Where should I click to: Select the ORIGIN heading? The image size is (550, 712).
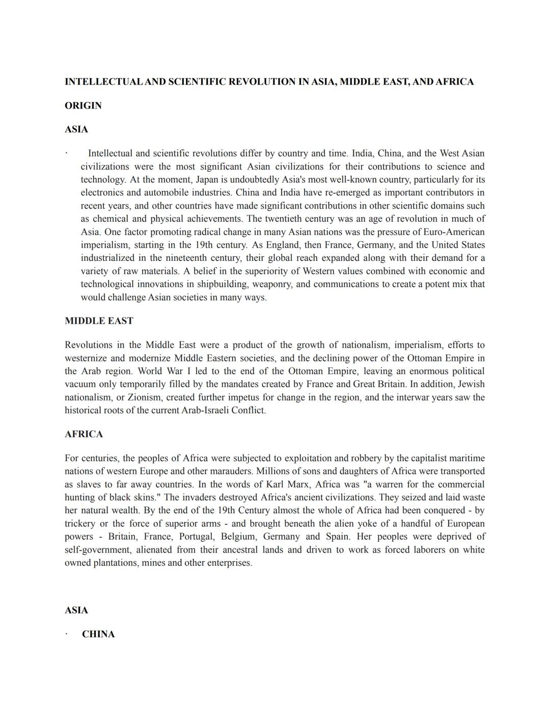point(83,106)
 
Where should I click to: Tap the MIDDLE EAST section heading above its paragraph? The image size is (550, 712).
point(99,321)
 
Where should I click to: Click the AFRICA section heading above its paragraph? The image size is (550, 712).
point(84,434)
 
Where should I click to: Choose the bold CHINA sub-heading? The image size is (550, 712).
point(98,635)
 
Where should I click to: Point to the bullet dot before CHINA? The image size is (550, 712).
point(66,635)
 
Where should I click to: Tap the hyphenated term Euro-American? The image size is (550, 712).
point(452,232)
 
